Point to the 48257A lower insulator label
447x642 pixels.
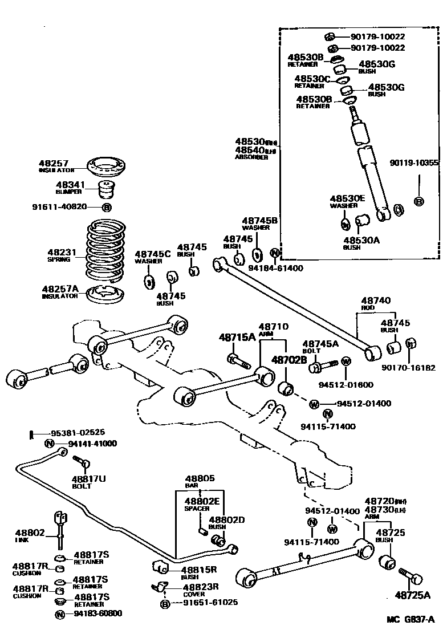point(59,289)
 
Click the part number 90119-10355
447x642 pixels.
point(414,162)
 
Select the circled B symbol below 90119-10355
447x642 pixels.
point(418,201)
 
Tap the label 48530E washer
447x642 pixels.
point(347,198)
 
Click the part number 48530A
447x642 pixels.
point(361,240)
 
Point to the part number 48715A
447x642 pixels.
point(237,337)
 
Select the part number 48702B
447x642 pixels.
point(289,360)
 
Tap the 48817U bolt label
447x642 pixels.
point(88,479)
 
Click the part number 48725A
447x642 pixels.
point(412,596)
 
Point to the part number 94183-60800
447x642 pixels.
point(97,613)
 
